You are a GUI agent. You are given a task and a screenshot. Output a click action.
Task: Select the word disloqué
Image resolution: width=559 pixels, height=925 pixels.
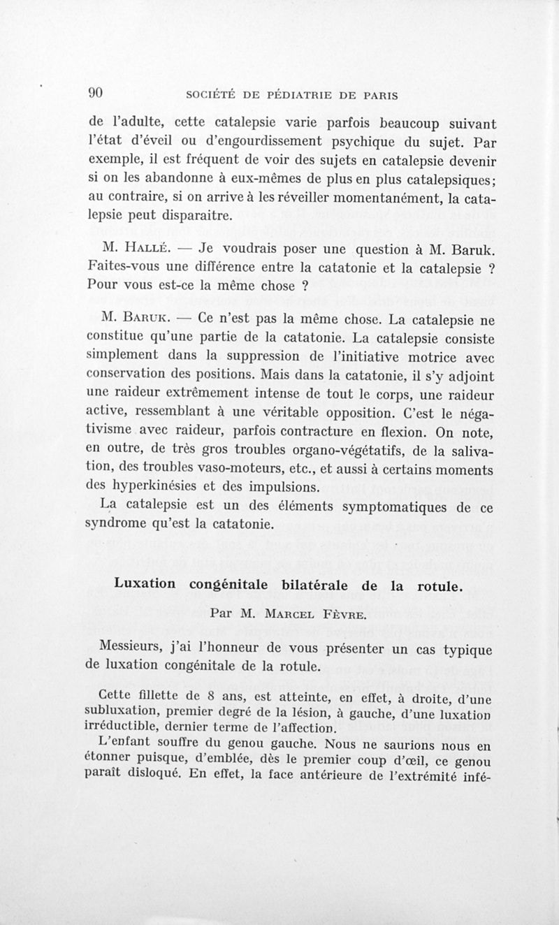coord(155,775)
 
